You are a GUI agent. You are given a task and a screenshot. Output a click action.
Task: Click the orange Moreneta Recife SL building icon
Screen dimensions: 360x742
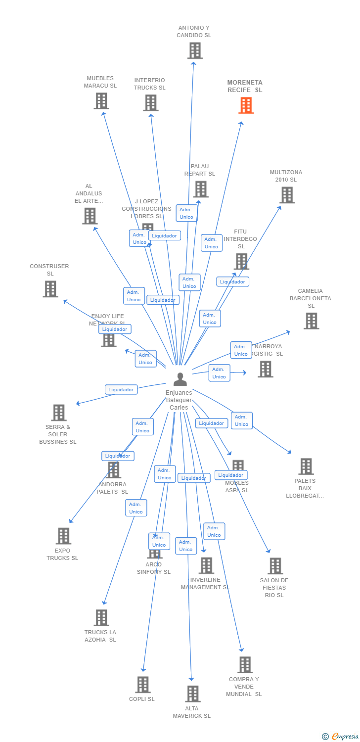pyautogui.click(x=246, y=105)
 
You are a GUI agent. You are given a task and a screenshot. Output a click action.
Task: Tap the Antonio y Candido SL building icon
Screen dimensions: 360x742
pyautogui.click(x=195, y=50)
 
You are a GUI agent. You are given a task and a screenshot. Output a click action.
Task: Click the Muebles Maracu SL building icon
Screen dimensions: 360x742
pyautogui.click(x=101, y=101)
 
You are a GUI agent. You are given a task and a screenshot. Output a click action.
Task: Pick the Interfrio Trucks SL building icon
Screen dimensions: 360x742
pyautogui.click(x=150, y=103)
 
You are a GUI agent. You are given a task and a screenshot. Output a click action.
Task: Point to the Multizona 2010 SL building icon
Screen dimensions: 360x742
pyautogui.click(x=287, y=195)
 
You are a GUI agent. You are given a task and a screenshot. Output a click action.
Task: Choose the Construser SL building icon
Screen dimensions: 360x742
pyautogui.click(x=50, y=289)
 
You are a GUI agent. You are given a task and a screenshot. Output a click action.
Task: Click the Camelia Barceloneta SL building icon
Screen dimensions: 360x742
pyautogui.click(x=311, y=321)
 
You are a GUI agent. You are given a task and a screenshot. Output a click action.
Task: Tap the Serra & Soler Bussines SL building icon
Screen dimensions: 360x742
pyautogui.click(x=58, y=413)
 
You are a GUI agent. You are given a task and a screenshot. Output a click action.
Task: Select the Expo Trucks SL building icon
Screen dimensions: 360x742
pyautogui.click(x=63, y=536)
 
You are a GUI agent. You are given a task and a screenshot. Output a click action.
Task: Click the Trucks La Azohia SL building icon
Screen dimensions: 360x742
pyautogui.click(x=101, y=617)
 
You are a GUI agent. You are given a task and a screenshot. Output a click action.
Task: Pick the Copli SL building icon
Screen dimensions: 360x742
pyautogui.click(x=142, y=685)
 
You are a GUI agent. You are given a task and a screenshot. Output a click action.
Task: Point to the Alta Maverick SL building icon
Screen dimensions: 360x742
pyautogui.click(x=192, y=694)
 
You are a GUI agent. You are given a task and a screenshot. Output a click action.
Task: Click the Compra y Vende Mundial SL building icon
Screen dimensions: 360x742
pyautogui.click(x=245, y=665)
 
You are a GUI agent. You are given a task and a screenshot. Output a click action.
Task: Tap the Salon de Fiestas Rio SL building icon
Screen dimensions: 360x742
pyautogui.click(x=274, y=566)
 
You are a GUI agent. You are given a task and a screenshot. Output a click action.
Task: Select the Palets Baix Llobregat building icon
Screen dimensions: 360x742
pyautogui.click(x=306, y=466)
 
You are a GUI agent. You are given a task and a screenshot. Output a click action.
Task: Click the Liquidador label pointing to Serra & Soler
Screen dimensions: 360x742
pyautogui.click(x=121, y=390)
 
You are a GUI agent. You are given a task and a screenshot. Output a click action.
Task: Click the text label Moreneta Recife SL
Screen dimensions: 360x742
pyautogui.click(x=245, y=86)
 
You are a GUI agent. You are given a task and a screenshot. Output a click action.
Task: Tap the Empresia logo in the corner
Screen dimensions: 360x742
pyautogui.click(x=340, y=737)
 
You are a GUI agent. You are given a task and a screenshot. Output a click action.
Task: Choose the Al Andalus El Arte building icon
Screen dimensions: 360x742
pyautogui.click(x=90, y=216)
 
